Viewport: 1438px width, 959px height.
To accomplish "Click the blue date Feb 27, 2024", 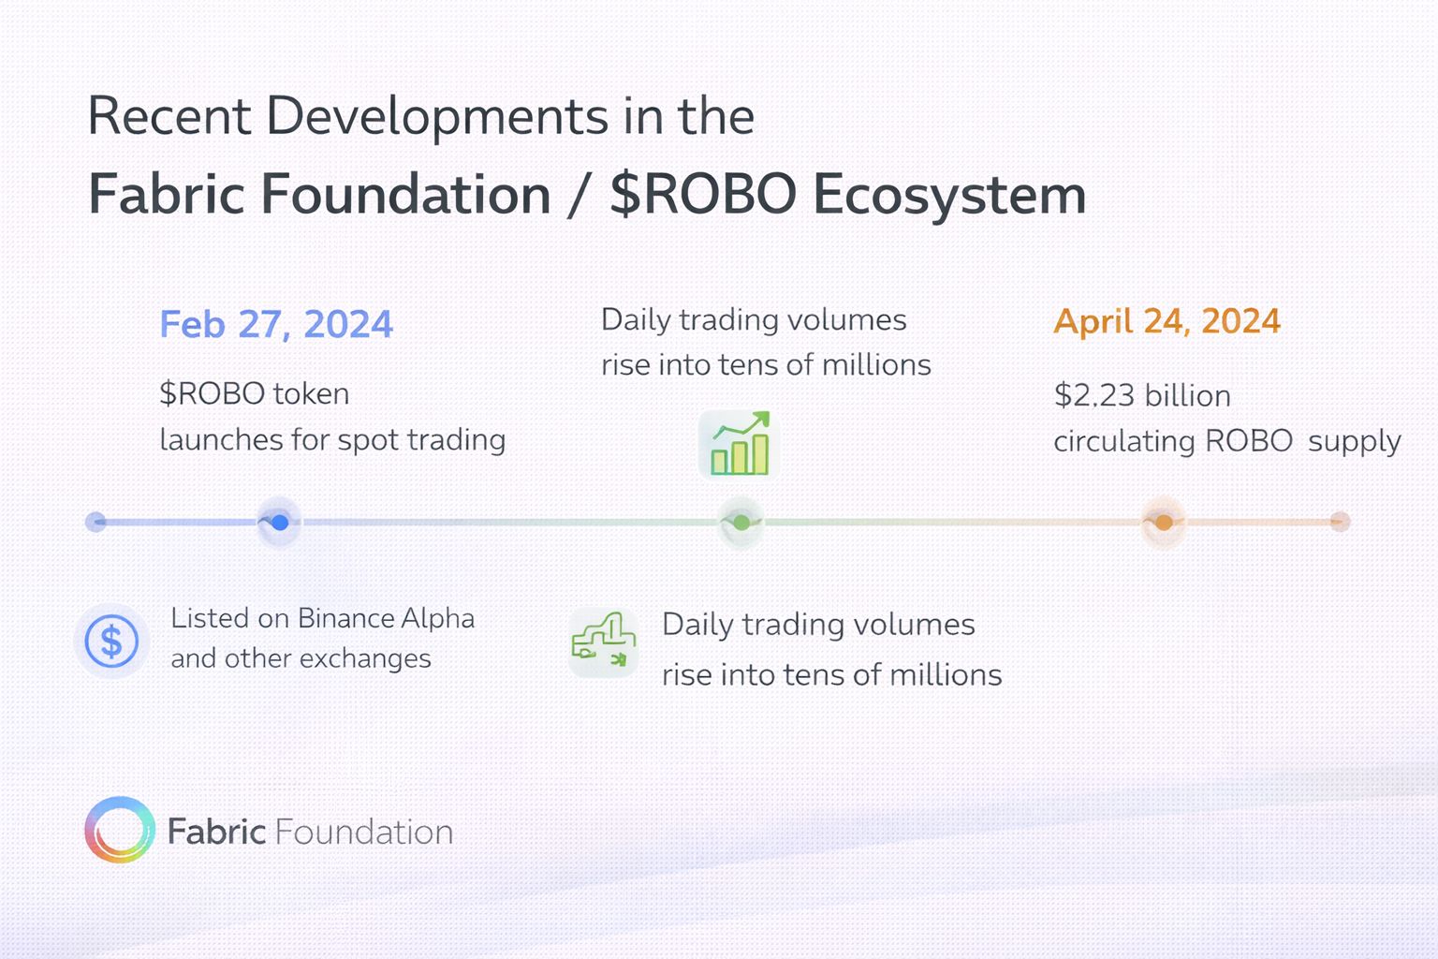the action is [276, 324].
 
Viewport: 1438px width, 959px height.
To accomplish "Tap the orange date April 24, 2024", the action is [1167, 321].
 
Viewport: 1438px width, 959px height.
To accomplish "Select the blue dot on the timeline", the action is [280, 523].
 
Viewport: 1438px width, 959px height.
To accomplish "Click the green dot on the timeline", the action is [741, 523].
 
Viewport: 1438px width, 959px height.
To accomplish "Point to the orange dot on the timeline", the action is [1164, 523].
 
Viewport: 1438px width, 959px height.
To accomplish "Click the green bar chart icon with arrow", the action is [740, 445].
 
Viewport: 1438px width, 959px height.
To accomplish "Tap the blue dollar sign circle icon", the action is [111, 641].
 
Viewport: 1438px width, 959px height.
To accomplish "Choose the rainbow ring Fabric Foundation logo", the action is [120, 829].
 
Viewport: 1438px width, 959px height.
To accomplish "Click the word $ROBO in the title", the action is [703, 194].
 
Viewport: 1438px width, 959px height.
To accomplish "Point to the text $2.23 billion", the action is [1142, 395].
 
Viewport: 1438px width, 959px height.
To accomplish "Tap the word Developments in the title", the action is [437, 117].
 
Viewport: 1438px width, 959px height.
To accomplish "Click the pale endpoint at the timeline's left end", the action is [95, 522].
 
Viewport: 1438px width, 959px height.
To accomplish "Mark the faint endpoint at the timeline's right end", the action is [1341, 522].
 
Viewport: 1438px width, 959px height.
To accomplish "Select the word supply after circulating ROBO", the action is [1355, 442].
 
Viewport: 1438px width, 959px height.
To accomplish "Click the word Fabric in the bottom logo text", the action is [217, 832].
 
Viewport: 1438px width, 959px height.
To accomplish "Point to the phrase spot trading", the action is [422, 441].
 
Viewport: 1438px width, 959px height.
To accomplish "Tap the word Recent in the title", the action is [169, 116].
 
